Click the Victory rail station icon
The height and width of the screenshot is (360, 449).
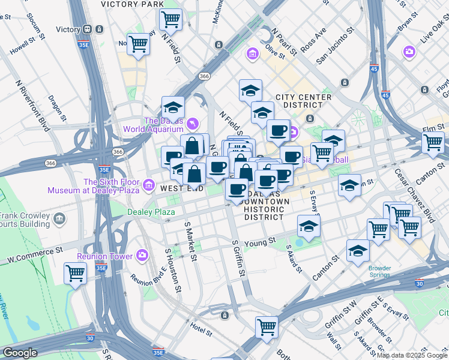tap(88, 29)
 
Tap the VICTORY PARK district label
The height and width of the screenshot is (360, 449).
tap(132, 4)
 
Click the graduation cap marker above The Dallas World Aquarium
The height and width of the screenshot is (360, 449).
tap(173, 107)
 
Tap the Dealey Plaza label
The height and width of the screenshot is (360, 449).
tap(151, 212)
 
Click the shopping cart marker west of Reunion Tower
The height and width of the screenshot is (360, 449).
tap(76, 273)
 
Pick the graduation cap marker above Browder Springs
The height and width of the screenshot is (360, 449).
tap(358, 251)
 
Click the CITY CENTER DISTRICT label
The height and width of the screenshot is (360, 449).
tap(303, 101)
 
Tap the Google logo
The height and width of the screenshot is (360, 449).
tap(20, 353)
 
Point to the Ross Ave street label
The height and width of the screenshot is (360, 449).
tap(314, 38)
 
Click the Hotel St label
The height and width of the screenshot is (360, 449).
tap(201, 329)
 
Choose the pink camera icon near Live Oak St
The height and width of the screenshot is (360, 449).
tap(410, 52)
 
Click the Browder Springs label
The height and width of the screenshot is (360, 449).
tap(379, 271)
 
